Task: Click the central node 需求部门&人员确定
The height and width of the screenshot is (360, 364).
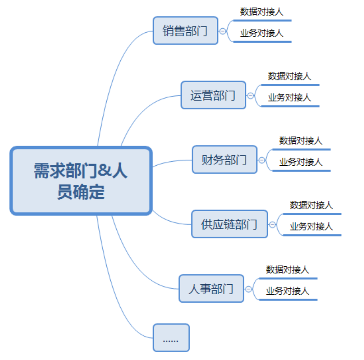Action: click(x=81, y=181)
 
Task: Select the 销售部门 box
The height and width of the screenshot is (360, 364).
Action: click(x=185, y=31)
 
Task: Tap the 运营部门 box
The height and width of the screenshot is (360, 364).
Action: click(x=213, y=96)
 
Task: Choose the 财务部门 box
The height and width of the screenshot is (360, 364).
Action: click(x=225, y=160)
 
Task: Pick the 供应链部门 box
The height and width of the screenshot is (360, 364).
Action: click(x=229, y=224)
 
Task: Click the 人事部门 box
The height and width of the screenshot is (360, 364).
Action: click(x=211, y=289)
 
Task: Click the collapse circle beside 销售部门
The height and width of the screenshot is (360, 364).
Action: click(x=223, y=31)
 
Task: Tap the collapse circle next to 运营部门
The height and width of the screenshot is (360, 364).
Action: click(x=251, y=96)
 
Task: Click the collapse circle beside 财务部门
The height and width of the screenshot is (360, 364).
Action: click(x=262, y=160)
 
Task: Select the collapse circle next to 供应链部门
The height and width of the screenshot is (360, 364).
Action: click(x=272, y=224)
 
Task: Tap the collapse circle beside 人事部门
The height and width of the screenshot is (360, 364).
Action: click(x=248, y=289)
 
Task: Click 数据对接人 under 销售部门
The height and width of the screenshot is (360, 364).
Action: click(x=262, y=12)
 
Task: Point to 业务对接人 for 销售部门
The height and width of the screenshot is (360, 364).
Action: click(x=262, y=33)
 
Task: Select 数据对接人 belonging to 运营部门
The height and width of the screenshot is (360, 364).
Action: click(x=290, y=76)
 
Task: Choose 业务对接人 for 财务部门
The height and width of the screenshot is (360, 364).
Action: click(x=301, y=162)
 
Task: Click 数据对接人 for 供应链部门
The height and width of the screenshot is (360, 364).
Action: click(x=311, y=205)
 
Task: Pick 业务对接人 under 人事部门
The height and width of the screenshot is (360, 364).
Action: click(x=287, y=291)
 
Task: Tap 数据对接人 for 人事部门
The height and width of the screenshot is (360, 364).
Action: click(x=287, y=270)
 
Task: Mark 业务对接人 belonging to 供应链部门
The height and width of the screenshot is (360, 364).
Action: click(x=311, y=226)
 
